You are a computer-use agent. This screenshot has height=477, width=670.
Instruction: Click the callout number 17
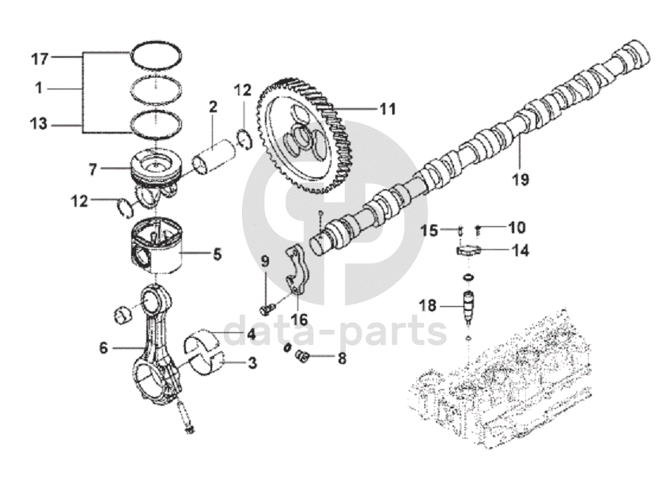pos(40,59)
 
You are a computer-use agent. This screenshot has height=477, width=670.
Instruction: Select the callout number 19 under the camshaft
pos(519,179)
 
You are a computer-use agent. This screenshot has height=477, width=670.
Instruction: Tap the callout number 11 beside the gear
pos(387,109)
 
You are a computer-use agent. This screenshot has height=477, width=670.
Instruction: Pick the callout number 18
pos(428,305)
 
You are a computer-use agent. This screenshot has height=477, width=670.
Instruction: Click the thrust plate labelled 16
pos(296,273)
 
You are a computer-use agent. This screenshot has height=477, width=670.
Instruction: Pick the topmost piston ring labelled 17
pos(155,53)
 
